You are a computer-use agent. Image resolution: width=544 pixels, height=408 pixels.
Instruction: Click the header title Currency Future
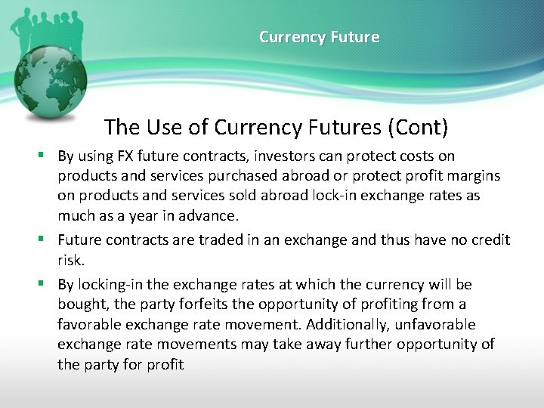[319, 37]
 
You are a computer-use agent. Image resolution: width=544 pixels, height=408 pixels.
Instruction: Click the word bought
[82, 304]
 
